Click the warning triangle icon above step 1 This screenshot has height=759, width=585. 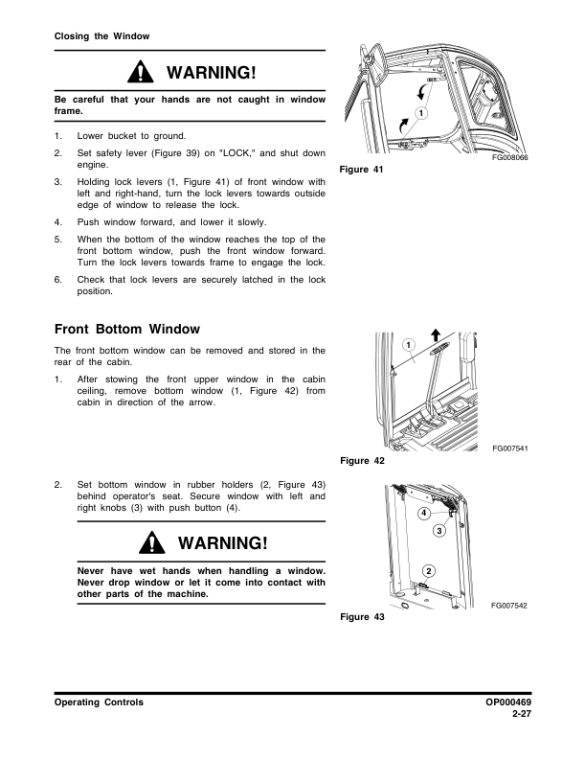[x=141, y=73]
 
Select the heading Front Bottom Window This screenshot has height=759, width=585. [x=127, y=330]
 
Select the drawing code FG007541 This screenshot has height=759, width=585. [x=510, y=448]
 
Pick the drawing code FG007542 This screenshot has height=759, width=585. [x=510, y=606]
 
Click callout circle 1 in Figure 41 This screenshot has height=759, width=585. [x=420, y=114]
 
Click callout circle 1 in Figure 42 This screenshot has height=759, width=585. [x=407, y=344]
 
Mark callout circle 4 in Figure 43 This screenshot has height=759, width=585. [x=423, y=513]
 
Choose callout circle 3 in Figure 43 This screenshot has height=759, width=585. [x=439, y=530]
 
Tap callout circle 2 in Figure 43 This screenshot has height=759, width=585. [x=428, y=571]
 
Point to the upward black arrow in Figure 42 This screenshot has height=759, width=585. [x=436, y=334]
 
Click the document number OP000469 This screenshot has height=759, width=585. [x=508, y=702]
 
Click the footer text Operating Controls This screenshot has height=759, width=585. [x=100, y=702]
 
